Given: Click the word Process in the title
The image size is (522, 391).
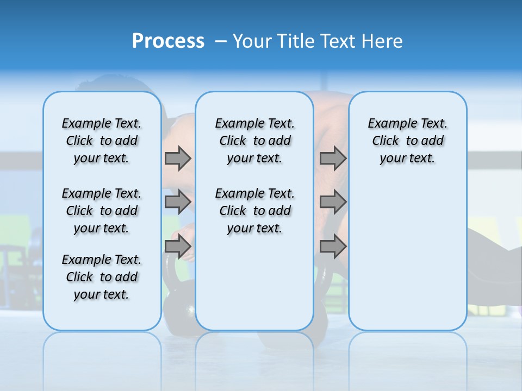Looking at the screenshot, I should pyautogui.click(x=168, y=41).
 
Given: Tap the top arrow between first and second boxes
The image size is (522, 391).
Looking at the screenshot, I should pyautogui.click(x=178, y=158).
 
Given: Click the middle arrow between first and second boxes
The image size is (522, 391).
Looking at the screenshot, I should pyautogui.click(x=178, y=202).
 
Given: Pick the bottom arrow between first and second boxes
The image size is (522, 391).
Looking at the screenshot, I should pyautogui.click(x=178, y=246).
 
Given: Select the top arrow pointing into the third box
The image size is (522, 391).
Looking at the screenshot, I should pyautogui.click(x=333, y=158).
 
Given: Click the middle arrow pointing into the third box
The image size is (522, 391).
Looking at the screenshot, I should pyautogui.click(x=333, y=202).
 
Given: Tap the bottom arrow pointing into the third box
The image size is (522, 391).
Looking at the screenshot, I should pyautogui.click(x=333, y=246).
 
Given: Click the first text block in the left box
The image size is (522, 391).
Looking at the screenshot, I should pyautogui.click(x=102, y=141).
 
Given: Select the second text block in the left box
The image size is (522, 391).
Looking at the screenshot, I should pyautogui.click(x=102, y=211).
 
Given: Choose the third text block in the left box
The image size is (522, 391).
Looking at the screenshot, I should pyautogui.click(x=102, y=277).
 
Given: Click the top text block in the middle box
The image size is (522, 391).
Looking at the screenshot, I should pyautogui.click(x=254, y=141).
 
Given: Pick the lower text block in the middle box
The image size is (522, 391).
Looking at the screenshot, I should pyautogui.click(x=254, y=211).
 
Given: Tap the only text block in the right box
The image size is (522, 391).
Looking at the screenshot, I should pyautogui.click(x=407, y=141).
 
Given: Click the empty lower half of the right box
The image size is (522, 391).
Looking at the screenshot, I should pyautogui.click(x=407, y=261).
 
